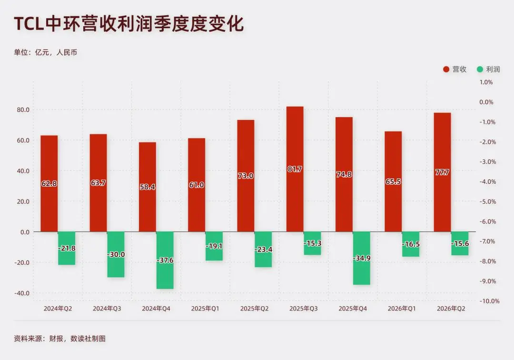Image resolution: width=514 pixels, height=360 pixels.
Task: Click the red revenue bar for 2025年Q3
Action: click(x=295, y=169)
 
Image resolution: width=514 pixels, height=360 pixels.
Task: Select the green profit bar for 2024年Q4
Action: click(x=165, y=260)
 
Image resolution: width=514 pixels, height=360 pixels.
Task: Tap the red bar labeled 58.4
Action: click(x=147, y=187)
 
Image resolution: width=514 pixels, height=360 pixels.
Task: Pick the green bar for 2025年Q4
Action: click(x=362, y=259)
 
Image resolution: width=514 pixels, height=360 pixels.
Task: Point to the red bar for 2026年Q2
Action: click(x=442, y=172)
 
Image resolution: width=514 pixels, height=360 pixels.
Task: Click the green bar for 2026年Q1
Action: click(x=411, y=244)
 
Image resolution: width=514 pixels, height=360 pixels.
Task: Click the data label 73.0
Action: click(x=246, y=176)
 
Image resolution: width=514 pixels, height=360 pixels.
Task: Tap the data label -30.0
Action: click(x=116, y=254)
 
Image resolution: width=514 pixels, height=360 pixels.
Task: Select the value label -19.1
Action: click(x=214, y=246)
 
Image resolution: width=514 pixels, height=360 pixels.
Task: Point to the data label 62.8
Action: click(x=49, y=184)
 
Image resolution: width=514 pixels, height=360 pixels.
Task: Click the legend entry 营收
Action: click(x=455, y=69)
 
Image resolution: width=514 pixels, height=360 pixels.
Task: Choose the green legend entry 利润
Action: click(x=488, y=69)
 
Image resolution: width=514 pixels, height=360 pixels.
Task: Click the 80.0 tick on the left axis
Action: click(x=23, y=110)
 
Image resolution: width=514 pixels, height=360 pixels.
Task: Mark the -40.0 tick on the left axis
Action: click(x=21, y=293)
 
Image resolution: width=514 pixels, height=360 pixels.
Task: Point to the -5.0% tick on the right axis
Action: click(x=488, y=201)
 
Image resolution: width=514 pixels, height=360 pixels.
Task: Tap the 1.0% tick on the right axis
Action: click(x=486, y=82)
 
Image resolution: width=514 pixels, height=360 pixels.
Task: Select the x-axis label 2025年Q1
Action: click(x=205, y=309)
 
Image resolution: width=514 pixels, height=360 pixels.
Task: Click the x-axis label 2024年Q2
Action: click(x=58, y=309)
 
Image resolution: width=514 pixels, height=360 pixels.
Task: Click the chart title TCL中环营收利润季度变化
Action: click(x=129, y=24)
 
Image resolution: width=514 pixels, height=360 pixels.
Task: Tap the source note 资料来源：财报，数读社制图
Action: click(x=59, y=339)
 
